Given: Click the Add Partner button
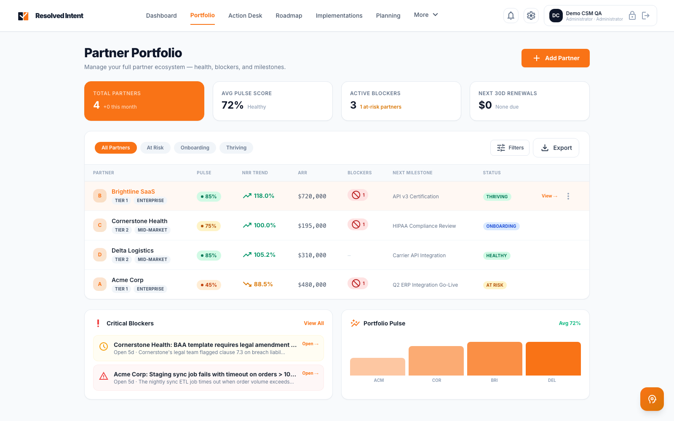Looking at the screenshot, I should (x=555, y=58).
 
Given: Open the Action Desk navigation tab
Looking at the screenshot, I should (x=245, y=16).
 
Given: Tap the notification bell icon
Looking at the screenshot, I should (x=511, y=16).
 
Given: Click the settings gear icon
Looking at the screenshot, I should (x=531, y=16).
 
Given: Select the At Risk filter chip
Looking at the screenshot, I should (x=155, y=148).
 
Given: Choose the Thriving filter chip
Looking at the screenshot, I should (x=236, y=148).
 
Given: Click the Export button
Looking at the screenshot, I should (x=556, y=148).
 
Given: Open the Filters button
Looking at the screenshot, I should (x=510, y=148).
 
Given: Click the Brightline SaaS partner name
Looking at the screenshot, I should (x=133, y=192).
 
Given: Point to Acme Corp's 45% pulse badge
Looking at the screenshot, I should (x=209, y=285).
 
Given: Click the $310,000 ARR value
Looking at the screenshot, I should (x=312, y=256).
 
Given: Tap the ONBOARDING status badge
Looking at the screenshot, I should (x=501, y=226).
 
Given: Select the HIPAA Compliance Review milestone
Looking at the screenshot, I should (x=424, y=226).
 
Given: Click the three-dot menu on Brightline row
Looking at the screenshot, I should (x=568, y=196).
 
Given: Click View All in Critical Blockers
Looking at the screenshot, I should (x=313, y=323).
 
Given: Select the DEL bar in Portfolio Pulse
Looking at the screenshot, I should (x=553, y=359).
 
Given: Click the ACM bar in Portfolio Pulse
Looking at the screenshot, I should (x=377, y=367).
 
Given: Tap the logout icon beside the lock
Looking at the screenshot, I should (x=645, y=16).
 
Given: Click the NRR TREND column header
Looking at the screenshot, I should (x=255, y=173).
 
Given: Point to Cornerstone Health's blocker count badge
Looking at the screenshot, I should (x=358, y=224).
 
